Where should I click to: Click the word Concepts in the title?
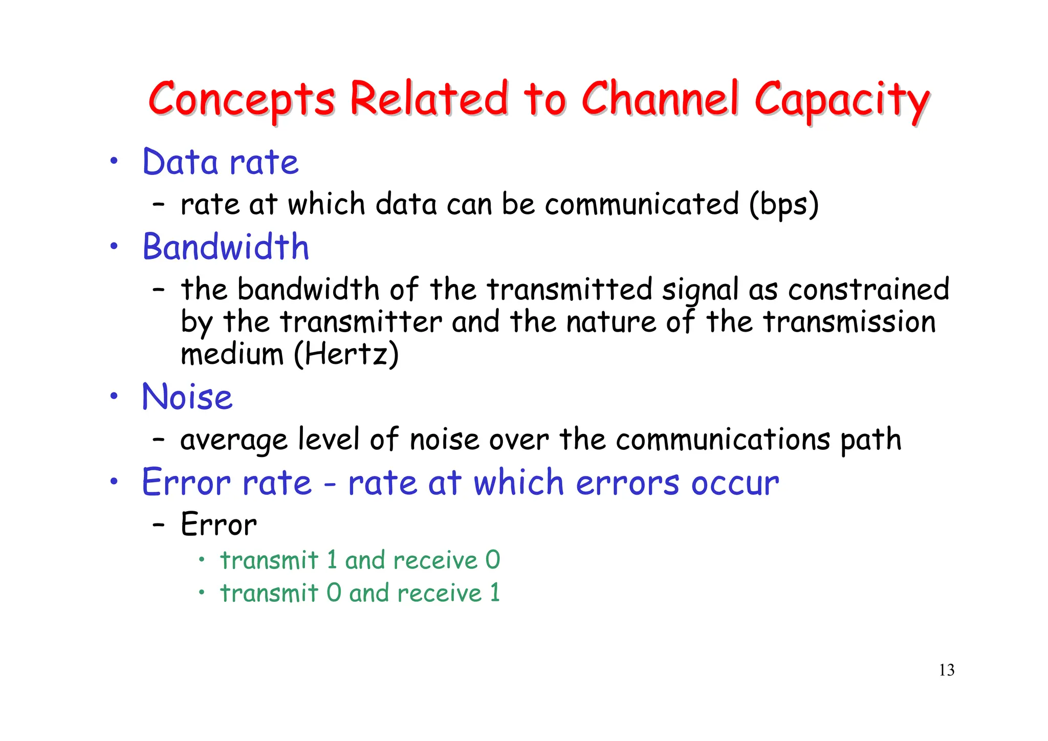click(x=242, y=99)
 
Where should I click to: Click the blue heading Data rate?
click(x=220, y=162)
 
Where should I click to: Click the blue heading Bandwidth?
click(x=226, y=247)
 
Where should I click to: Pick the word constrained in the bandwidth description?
click(x=868, y=289)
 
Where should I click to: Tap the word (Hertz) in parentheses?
click(x=346, y=354)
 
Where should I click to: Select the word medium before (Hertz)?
click(x=232, y=354)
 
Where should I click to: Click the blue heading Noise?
click(x=187, y=397)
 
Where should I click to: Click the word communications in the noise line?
click(x=723, y=440)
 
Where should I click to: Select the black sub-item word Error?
click(x=219, y=525)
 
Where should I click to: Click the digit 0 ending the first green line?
click(x=492, y=560)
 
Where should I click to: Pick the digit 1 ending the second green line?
click(x=494, y=593)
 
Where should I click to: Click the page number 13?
click(x=946, y=670)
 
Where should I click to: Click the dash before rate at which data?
click(x=159, y=205)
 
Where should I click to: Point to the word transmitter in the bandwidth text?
click(x=361, y=322)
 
